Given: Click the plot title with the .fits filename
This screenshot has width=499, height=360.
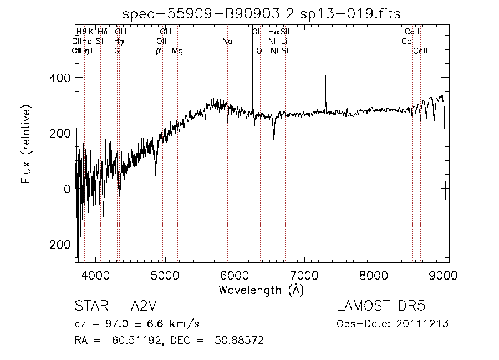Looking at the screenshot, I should tap(262, 13).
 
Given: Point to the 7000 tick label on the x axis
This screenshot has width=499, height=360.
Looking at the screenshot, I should tap(304, 275).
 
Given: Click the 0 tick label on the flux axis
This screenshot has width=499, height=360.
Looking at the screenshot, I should tap(67, 189).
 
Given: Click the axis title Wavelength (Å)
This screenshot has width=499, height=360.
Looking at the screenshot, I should tap(261, 290).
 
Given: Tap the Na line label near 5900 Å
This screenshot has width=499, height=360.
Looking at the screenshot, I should tap(227, 42).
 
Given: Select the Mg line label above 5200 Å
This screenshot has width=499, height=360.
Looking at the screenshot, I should tap(177, 51).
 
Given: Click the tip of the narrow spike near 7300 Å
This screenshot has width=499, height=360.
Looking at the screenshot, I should tap(325, 76).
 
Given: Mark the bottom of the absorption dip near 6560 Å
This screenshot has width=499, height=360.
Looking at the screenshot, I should tap(274, 140).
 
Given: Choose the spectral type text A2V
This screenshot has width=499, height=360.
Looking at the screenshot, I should tap(144, 306).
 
